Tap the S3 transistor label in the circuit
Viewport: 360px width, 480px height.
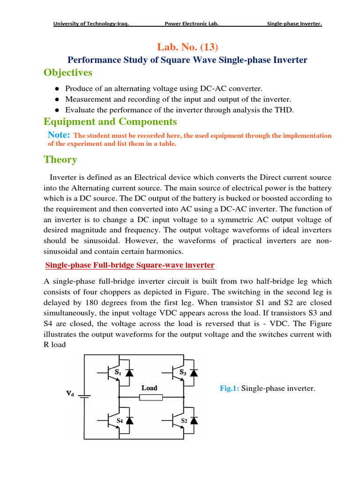[x=183, y=373]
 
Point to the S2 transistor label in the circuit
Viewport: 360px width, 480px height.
[x=185, y=421]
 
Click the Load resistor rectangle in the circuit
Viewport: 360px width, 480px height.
[x=150, y=397]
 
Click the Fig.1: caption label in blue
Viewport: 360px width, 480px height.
[x=230, y=388]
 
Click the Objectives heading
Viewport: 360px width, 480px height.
[x=68, y=73]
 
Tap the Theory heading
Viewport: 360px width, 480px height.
[x=60, y=159]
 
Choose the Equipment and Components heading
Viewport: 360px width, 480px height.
[x=110, y=122]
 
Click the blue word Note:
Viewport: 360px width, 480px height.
[x=59, y=135]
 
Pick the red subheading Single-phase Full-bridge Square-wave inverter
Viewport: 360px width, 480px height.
[x=130, y=265]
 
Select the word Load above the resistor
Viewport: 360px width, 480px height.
[x=150, y=388]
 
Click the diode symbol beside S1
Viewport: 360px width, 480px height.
[x=130, y=373]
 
